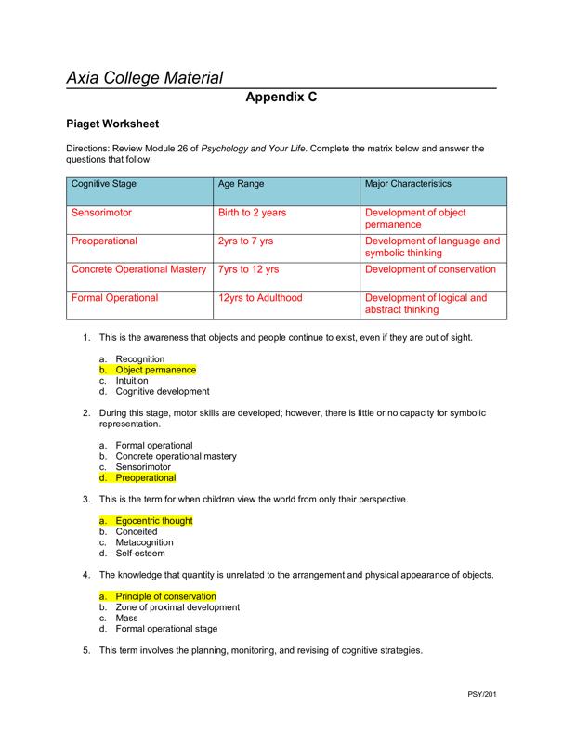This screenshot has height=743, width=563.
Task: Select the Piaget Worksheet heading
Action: click(112, 124)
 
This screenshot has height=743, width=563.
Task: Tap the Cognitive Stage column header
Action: click(104, 184)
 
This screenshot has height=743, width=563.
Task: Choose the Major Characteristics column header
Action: click(409, 184)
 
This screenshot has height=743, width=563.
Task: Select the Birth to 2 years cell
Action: click(252, 213)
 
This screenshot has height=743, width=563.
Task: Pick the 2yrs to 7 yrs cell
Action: click(245, 241)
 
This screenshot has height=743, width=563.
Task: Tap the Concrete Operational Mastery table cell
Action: click(138, 269)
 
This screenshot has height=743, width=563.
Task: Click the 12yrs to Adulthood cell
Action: click(260, 298)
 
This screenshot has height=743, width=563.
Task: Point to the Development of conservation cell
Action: click(431, 269)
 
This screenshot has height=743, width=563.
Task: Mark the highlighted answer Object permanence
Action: click(155, 370)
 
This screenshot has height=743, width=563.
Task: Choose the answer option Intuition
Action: click(132, 381)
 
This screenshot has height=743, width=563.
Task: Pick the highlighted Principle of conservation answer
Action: click(165, 596)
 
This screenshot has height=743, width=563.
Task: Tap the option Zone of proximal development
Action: click(177, 607)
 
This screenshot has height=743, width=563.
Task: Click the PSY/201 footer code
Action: click(481, 694)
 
